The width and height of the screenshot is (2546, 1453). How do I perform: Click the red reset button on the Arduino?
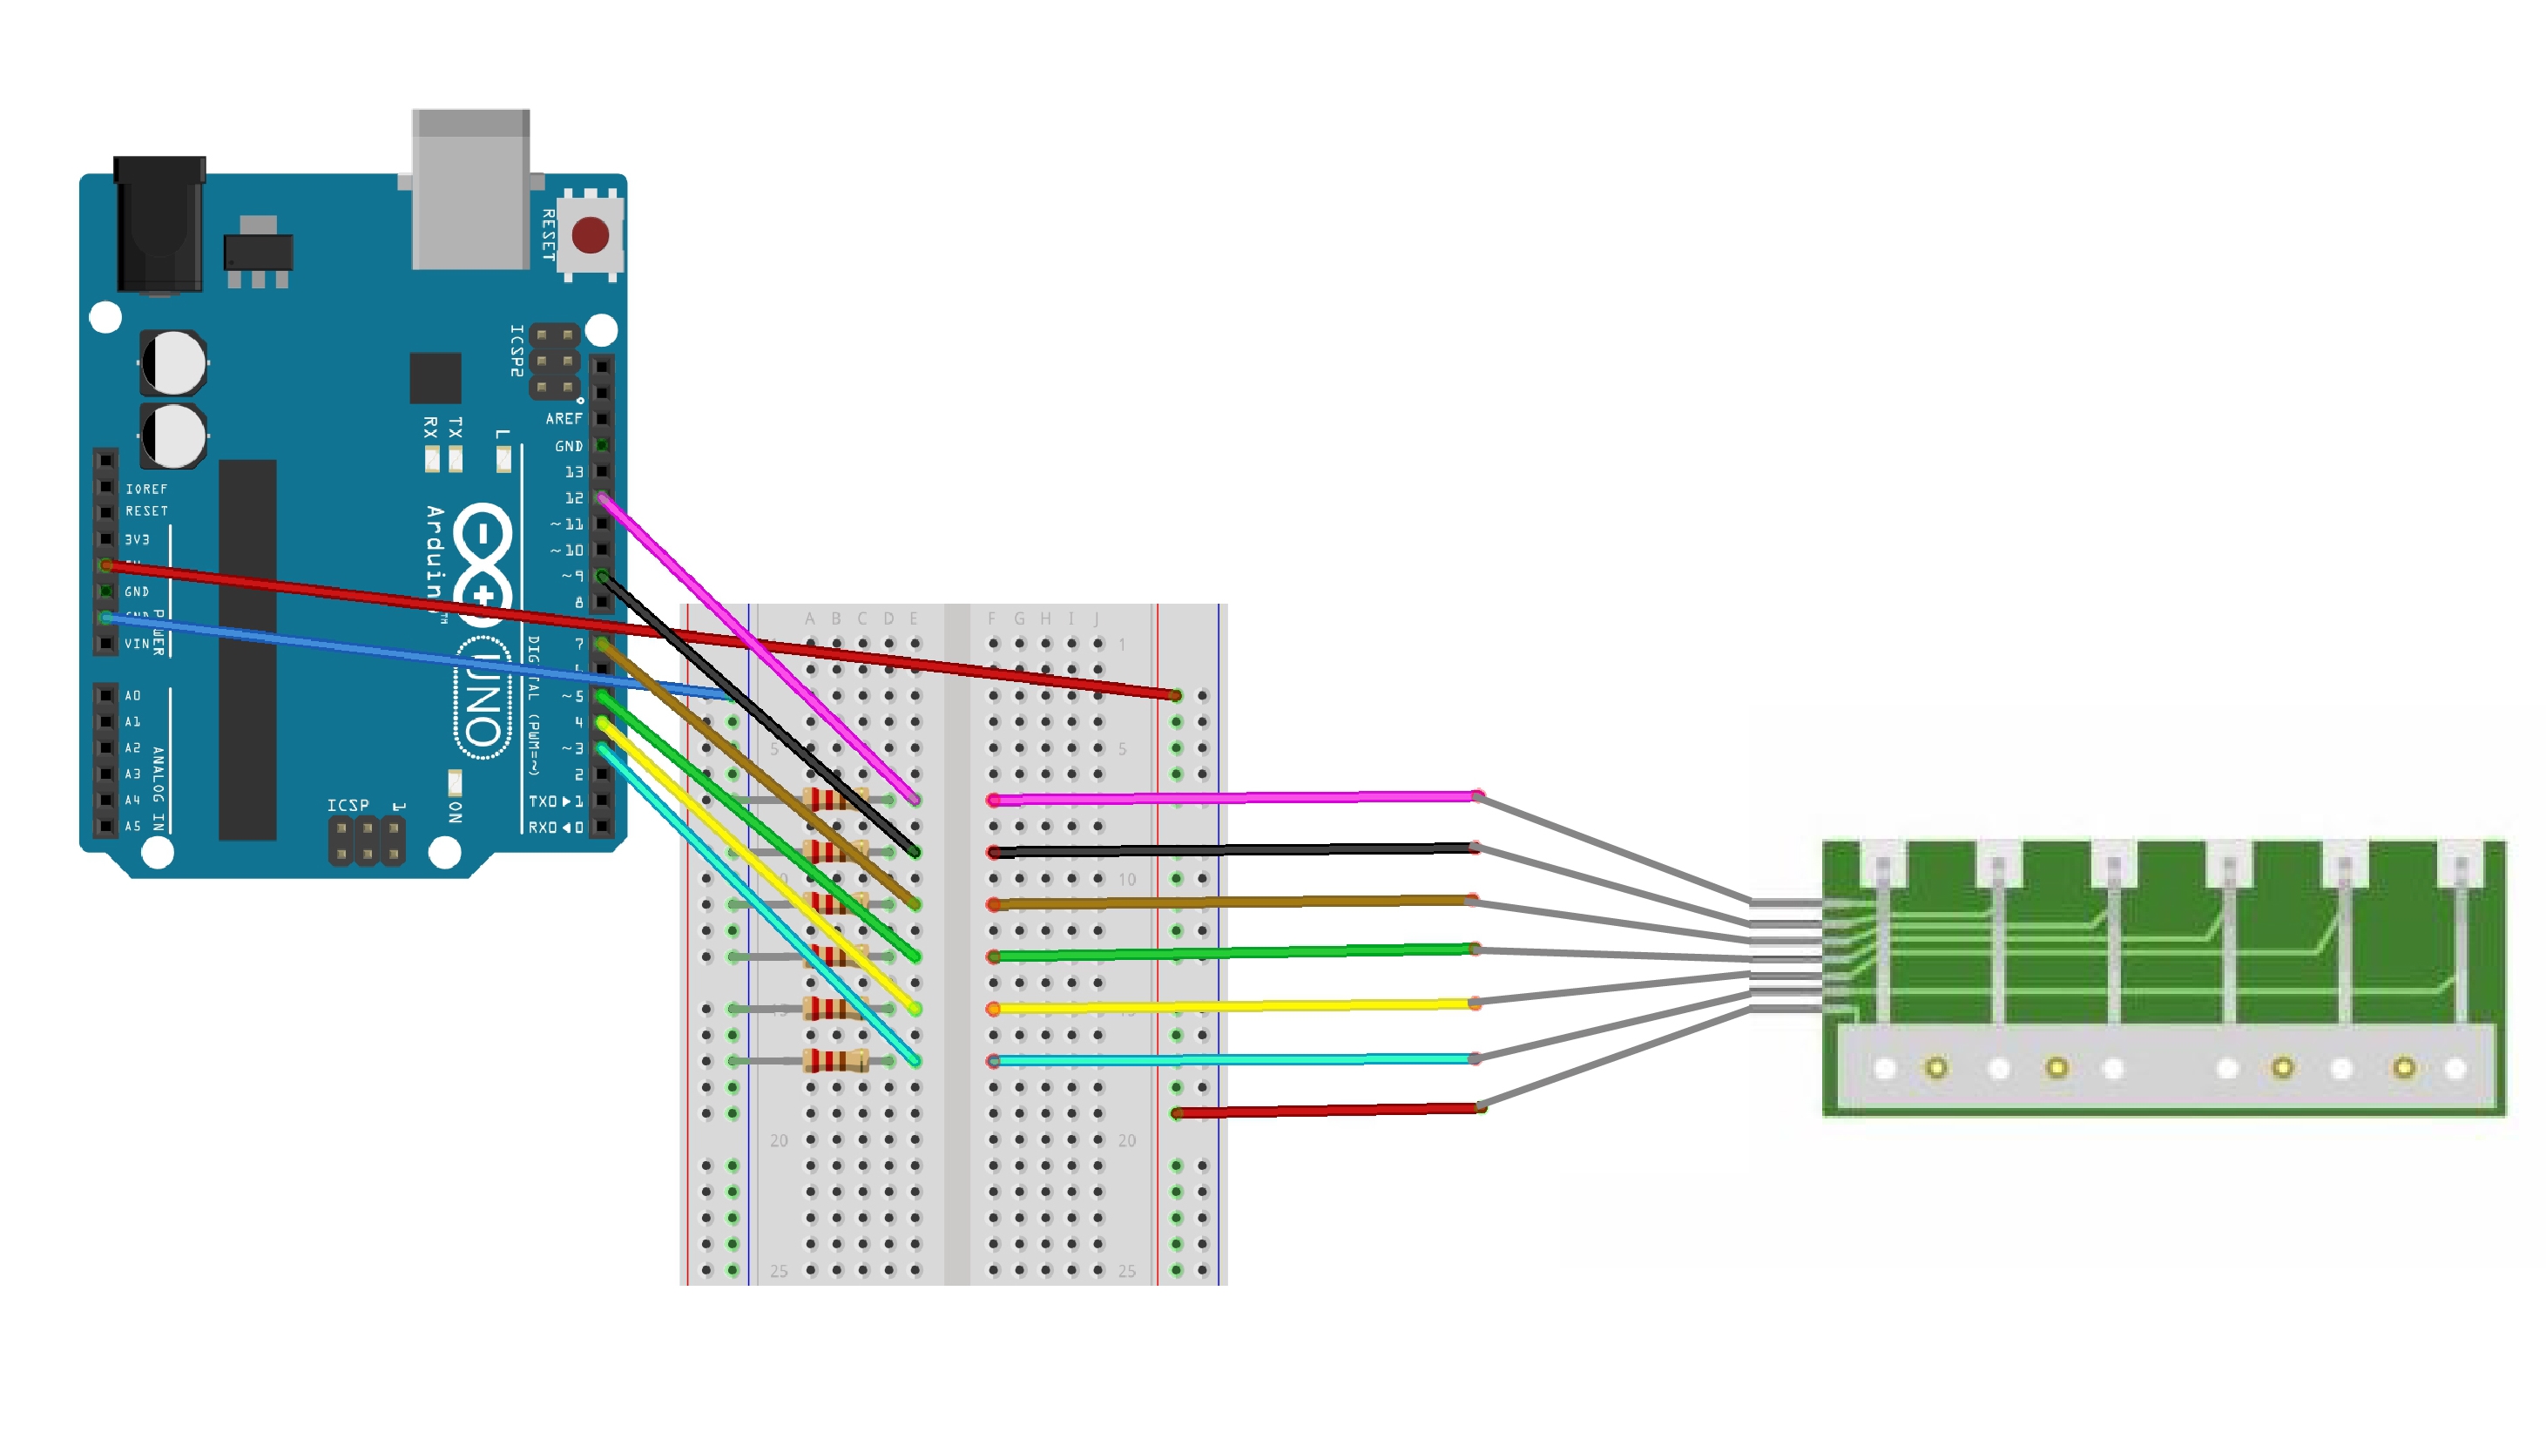590,235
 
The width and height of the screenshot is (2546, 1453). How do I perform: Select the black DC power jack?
159,225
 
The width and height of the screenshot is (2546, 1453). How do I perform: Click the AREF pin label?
564,419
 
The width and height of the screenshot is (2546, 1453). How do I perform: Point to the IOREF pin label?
146,489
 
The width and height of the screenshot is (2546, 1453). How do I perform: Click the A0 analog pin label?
132,695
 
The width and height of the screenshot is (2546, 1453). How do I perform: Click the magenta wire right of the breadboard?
1237,797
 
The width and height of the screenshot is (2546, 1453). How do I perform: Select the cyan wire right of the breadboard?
1237,1058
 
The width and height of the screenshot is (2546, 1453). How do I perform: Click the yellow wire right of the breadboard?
1237,1006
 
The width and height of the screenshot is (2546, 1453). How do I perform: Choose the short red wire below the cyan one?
1327,1110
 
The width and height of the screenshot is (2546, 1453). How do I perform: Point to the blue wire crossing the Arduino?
399,652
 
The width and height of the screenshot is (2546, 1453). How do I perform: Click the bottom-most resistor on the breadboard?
836,1060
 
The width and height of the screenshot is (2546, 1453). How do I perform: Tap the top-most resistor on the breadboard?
836,798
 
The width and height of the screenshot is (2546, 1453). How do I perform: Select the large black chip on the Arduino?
247,649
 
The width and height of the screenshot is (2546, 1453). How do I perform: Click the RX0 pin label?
543,828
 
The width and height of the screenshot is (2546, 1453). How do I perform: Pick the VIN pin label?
137,645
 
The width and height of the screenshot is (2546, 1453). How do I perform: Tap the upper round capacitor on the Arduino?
174,362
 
